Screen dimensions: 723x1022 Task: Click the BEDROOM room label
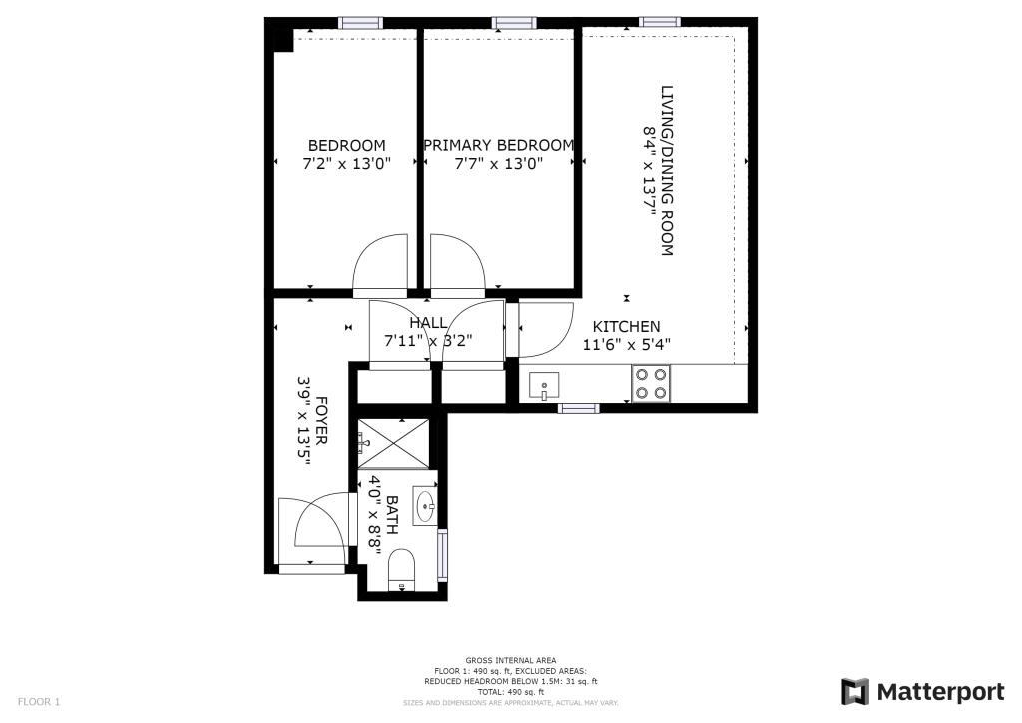click(346, 145)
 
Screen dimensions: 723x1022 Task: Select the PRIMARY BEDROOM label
click(498, 145)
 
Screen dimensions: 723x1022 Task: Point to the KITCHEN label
click(626, 327)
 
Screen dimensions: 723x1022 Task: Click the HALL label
click(428, 322)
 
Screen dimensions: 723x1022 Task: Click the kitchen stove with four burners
click(651, 384)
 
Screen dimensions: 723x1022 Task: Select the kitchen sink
click(544, 385)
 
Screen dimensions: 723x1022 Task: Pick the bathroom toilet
click(402, 570)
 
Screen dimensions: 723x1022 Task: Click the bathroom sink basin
click(425, 505)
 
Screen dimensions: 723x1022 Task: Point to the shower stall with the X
click(394, 442)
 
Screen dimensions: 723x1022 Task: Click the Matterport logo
click(923, 691)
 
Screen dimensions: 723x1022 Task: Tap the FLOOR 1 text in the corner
click(39, 702)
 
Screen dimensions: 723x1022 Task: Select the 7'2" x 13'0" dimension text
click(346, 163)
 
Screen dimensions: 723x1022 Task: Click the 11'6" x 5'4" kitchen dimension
click(626, 344)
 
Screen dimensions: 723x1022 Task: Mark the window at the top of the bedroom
click(360, 22)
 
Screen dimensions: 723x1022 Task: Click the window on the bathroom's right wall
click(443, 554)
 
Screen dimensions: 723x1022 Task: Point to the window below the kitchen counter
click(578, 408)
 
